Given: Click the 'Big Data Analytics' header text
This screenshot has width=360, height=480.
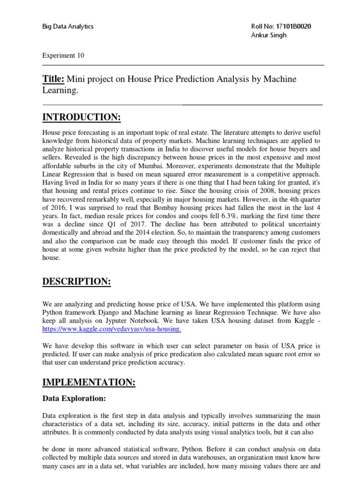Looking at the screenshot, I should (x=68, y=26).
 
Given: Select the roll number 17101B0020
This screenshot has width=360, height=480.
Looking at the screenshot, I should (x=293, y=26).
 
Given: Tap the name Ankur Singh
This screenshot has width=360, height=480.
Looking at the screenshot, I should (x=269, y=36).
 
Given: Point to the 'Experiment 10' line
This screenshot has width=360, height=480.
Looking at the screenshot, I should (x=63, y=55).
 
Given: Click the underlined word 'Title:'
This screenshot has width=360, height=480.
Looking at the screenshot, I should (x=53, y=79).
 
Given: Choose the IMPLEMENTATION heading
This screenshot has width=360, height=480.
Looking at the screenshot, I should (x=89, y=383).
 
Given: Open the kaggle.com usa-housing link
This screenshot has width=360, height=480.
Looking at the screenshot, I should (x=112, y=330).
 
